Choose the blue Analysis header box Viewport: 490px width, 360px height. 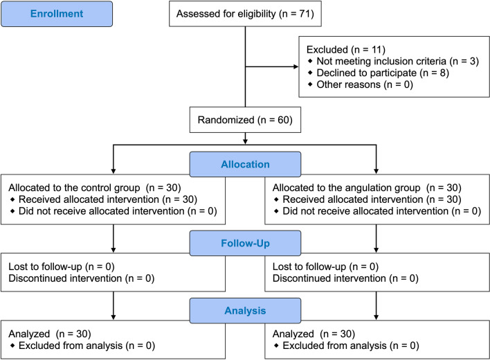(x=244, y=309)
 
